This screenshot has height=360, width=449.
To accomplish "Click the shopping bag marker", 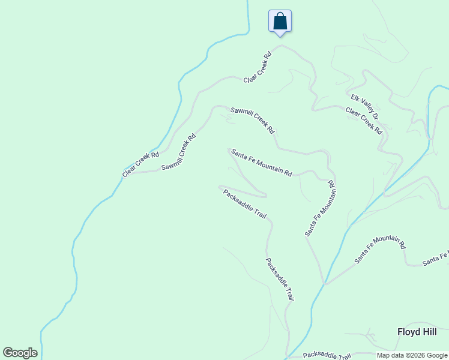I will pyautogui.click(x=280, y=21).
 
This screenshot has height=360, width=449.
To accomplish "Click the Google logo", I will pyautogui.click(x=20, y=353).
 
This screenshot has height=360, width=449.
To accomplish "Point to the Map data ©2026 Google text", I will pyautogui.click(x=412, y=355).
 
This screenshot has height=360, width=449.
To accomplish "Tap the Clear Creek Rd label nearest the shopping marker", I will pyautogui.click(x=258, y=67).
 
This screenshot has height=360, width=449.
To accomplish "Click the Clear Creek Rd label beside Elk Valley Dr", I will pyautogui.click(x=364, y=121).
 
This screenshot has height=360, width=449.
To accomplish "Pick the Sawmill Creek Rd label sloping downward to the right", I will pyautogui.click(x=253, y=120).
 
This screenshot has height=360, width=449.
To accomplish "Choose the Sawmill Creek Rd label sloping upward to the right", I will pyautogui.click(x=179, y=152).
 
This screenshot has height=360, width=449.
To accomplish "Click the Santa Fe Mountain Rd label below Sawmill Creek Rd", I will pyautogui.click(x=262, y=162).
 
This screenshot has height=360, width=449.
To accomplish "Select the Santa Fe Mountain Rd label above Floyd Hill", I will pyautogui.click(x=380, y=250).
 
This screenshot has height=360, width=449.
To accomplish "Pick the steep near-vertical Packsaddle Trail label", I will pyautogui.click(x=280, y=280).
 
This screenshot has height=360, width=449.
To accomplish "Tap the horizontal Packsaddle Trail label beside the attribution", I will pyautogui.click(x=327, y=355).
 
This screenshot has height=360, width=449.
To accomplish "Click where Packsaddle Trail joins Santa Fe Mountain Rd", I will pyautogui.click(x=288, y=358).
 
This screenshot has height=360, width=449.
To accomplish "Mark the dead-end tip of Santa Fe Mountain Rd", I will pyautogui.click(x=228, y=149).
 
